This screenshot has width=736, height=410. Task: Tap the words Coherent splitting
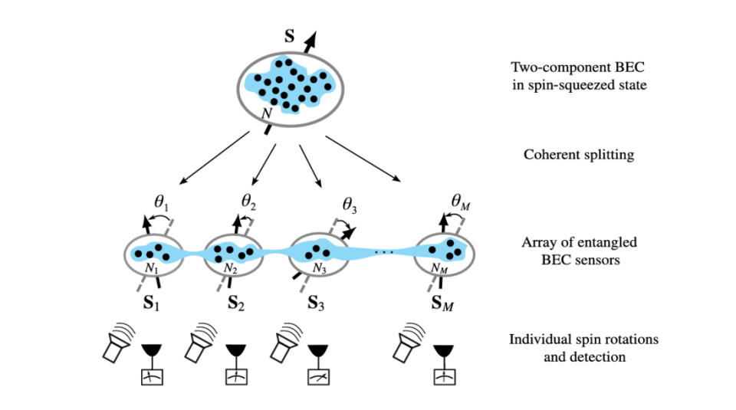pos(579,155)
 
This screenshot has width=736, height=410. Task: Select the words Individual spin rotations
pos(583,339)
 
